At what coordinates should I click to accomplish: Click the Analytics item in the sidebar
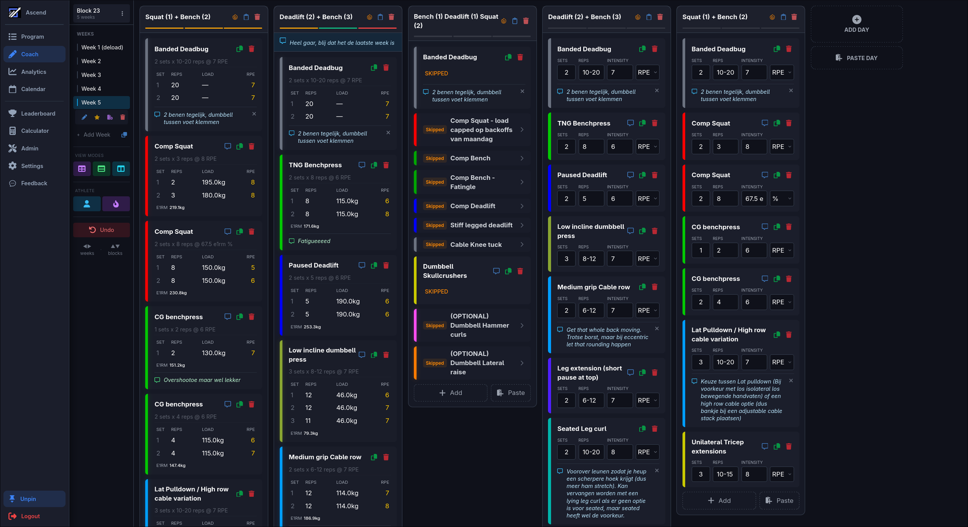click(x=33, y=72)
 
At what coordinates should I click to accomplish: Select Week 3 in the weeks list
click(x=91, y=75)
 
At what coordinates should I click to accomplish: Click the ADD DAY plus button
click(x=856, y=20)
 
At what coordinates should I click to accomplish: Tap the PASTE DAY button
click(x=856, y=58)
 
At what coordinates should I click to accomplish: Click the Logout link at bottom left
click(x=30, y=516)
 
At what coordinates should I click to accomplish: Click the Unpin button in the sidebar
click(x=28, y=499)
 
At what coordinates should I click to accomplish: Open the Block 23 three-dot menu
click(x=122, y=14)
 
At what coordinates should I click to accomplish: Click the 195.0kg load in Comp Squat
click(x=213, y=182)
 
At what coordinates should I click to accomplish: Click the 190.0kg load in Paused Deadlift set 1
click(x=348, y=301)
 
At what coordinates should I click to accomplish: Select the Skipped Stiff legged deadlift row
click(x=472, y=225)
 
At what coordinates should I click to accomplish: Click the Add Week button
click(x=96, y=135)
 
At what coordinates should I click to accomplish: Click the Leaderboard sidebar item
click(x=38, y=114)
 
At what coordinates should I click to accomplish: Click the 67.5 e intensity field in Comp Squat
click(x=754, y=199)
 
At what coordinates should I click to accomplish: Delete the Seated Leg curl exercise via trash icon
click(x=654, y=429)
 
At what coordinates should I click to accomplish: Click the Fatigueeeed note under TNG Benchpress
click(x=314, y=241)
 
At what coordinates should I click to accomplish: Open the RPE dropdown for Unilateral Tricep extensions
click(x=781, y=474)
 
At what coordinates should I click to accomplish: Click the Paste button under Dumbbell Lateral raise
click(x=510, y=393)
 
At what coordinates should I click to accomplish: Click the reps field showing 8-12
click(x=590, y=259)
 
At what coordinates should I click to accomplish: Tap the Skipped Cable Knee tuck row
click(x=472, y=245)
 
